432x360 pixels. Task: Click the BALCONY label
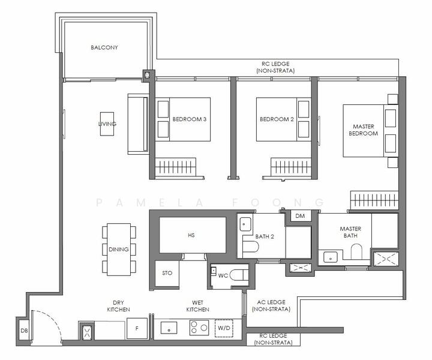[x=104, y=47]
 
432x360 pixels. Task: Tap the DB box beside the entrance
[x=24, y=330]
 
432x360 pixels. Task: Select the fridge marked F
[x=137, y=328]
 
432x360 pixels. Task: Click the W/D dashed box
[x=224, y=328]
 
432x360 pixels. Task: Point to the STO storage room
[x=167, y=273]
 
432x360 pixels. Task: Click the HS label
[x=191, y=235]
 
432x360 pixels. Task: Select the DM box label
[x=300, y=216]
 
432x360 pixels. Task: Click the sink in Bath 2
[x=245, y=224]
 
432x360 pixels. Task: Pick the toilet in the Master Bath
[x=356, y=251]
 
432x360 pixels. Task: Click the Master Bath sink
[x=330, y=258]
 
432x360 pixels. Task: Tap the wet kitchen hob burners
[x=199, y=328]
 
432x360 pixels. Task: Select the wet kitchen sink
[x=169, y=328]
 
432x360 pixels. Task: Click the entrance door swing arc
[x=53, y=320]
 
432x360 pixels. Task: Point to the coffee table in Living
[x=107, y=124]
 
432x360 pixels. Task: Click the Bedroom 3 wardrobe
[x=175, y=167]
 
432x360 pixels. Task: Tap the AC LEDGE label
[x=271, y=302]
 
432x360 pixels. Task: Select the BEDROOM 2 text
[x=277, y=119]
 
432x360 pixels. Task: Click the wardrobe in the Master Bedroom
[x=374, y=199]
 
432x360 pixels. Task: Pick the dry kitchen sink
[x=87, y=331]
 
